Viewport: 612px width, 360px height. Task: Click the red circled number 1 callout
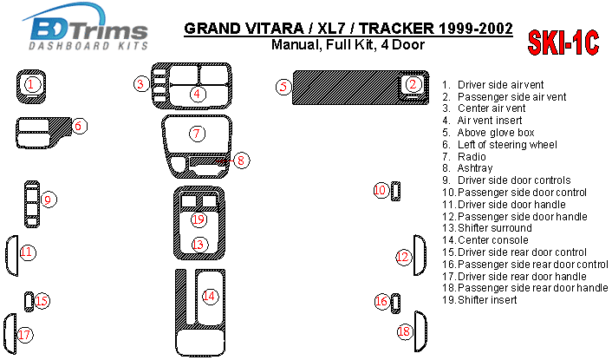(31, 84)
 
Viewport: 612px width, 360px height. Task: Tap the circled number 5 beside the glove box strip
(283, 87)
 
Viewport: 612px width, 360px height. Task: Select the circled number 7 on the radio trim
(198, 133)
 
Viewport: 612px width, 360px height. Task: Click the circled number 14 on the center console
(209, 296)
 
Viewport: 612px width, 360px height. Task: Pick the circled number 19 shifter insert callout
(199, 219)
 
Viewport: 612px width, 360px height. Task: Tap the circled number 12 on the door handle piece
(402, 257)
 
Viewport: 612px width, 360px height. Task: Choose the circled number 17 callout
(25, 335)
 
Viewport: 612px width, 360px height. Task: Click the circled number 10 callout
(380, 190)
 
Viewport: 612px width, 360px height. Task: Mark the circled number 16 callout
(381, 301)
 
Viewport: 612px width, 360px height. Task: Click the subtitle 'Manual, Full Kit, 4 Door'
(347, 45)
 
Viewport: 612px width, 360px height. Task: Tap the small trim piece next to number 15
(29, 301)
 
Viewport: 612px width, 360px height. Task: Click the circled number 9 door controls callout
(49, 200)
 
